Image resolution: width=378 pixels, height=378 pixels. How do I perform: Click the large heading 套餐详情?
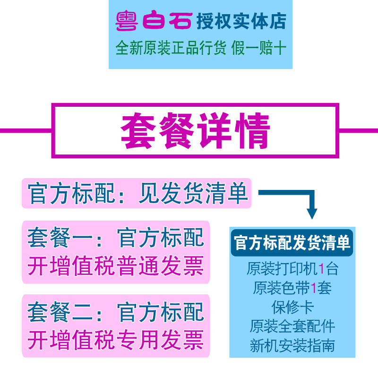pyautogui.click(x=195, y=131)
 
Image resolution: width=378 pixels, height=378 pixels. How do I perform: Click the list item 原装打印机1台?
pyautogui.click(x=292, y=269)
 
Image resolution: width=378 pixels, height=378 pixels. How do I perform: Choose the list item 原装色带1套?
pyautogui.click(x=292, y=288)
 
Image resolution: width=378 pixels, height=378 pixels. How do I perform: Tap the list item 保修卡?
pyautogui.click(x=292, y=307)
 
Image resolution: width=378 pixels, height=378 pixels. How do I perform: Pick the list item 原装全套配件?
pyautogui.click(x=292, y=326)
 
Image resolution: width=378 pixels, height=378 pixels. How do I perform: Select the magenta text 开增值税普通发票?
pyautogui.click(x=115, y=266)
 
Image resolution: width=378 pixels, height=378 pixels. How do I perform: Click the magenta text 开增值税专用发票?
pyautogui.click(x=115, y=340)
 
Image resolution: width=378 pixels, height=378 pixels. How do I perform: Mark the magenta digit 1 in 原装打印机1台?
pyautogui.click(x=321, y=269)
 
